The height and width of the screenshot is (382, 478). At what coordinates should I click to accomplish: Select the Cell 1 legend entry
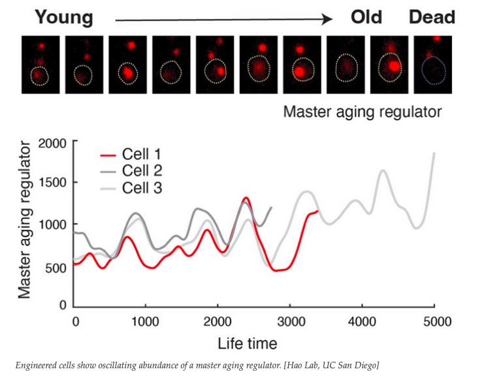141,155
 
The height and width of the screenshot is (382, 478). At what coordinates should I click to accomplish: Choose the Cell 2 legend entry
141,171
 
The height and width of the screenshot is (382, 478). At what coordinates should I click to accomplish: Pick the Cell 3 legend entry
141,188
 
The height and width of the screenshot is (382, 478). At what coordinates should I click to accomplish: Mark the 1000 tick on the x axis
146,322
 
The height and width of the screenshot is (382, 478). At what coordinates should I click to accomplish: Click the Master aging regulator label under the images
362,112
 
